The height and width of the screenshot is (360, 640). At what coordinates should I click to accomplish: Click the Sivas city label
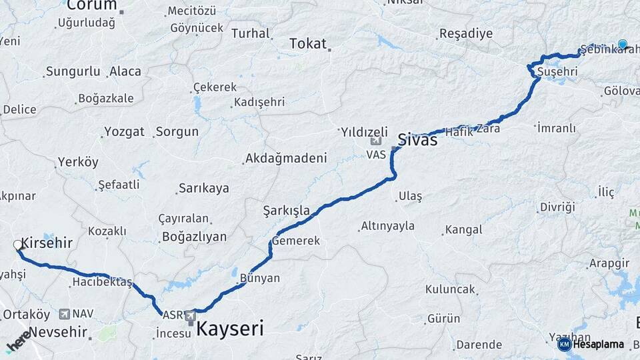417,140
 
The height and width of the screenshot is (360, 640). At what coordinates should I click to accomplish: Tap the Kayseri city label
229,328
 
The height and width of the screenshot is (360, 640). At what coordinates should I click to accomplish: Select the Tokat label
308,44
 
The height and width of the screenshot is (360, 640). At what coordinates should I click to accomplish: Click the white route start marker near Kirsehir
18,245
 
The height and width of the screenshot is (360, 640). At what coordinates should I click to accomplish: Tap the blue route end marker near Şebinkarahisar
622,44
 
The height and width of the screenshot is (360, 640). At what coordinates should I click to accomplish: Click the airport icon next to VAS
376,141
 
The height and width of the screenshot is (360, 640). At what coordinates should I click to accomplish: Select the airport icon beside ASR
191,315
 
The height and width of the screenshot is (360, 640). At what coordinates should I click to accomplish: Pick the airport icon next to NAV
65,313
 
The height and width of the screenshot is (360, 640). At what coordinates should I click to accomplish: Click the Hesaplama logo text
598,344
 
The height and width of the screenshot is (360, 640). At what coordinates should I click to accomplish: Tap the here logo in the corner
18,340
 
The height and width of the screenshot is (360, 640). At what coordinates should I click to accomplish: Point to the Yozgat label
124,131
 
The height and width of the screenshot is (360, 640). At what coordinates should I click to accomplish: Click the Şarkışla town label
287,211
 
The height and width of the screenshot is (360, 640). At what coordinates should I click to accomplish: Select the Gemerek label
296,241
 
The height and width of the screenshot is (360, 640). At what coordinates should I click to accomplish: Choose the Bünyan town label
260,278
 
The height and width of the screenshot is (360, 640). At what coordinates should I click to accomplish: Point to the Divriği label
557,207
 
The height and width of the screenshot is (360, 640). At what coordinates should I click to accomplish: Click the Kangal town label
463,230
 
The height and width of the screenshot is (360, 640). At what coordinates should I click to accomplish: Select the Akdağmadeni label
286,159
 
